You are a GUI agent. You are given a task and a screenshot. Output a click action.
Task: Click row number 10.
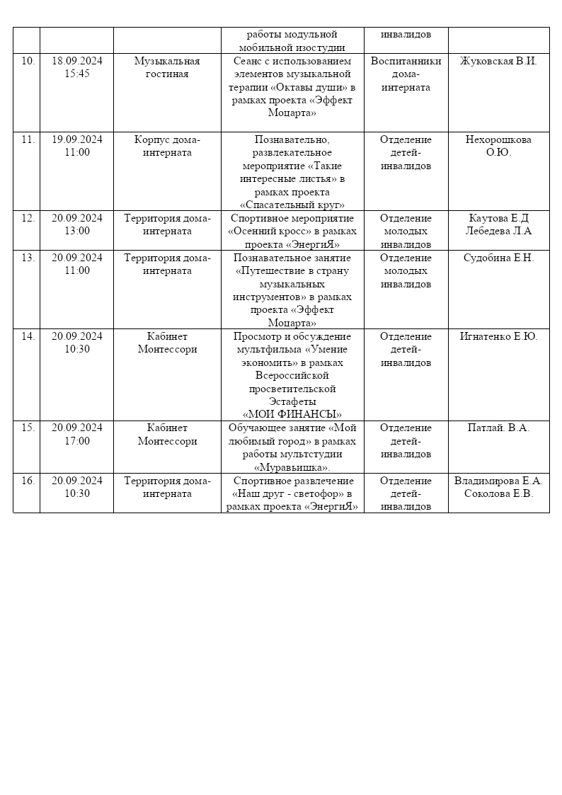pyautogui.click(x=28, y=61)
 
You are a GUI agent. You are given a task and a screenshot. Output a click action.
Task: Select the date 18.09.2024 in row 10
pyautogui.click(x=77, y=61)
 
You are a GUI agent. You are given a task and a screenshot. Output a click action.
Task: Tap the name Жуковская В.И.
pyautogui.click(x=498, y=61)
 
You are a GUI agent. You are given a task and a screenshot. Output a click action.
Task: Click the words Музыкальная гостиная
pyautogui.click(x=167, y=67)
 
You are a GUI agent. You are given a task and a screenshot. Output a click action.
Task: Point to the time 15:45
pyautogui.click(x=77, y=74)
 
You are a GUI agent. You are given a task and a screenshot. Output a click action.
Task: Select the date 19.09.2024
pyautogui.click(x=77, y=139)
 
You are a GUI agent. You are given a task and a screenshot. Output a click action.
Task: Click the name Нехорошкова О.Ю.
pyautogui.click(x=498, y=146)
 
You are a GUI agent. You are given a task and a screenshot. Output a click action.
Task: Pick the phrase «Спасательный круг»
pyautogui.click(x=292, y=205)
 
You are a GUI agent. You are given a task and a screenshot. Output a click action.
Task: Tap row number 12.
pyautogui.click(x=28, y=218)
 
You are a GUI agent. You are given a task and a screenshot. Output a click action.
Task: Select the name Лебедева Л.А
pyautogui.click(x=498, y=231)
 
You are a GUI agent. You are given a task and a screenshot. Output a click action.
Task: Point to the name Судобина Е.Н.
pyautogui.click(x=498, y=258)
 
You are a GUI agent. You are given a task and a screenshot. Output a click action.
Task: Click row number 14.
pyautogui.click(x=28, y=336)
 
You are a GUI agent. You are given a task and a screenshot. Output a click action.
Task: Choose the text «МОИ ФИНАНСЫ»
pyautogui.click(x=292, y=415)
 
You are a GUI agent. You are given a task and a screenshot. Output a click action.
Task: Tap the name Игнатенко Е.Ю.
pyautogui.click(x=498, y=336)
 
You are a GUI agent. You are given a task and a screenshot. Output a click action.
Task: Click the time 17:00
pyautogui.click(x=77, y=441)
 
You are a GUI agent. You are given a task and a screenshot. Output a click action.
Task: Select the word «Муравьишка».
pyautogui.click(x=292, y=467)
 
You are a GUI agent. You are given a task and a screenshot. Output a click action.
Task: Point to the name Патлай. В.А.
pyautogui.click(x=498, y=428)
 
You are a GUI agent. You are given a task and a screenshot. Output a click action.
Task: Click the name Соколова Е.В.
pyautogui.click(x=498, y=493)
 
